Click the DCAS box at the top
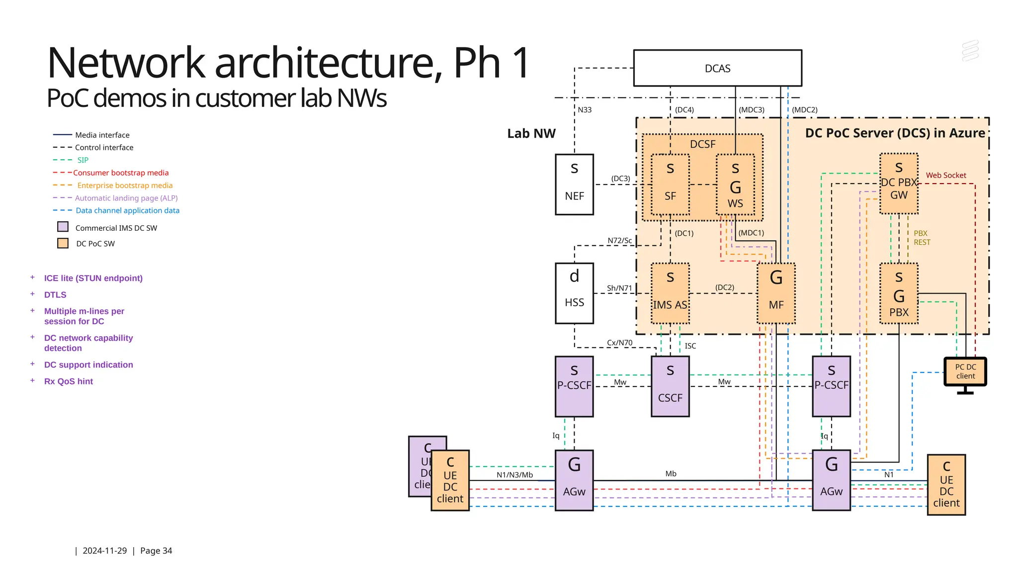717,68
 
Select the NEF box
574,185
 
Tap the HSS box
574,293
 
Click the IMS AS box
670,293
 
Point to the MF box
776,293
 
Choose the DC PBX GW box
899,184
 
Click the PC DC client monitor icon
965,372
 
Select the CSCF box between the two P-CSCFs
670,386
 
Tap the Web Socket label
946,175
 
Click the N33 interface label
585,110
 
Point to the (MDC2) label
805,110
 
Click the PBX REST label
922,238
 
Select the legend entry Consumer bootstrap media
121,173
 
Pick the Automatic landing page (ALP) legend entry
126,198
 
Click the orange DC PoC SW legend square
63,243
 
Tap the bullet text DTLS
55,294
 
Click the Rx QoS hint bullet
69,381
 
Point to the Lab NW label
531,133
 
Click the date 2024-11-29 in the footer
104,551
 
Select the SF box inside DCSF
670,185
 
